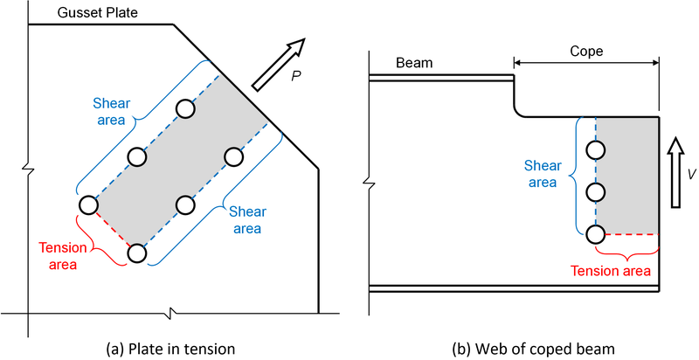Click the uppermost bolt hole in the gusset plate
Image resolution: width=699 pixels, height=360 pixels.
point(184,108)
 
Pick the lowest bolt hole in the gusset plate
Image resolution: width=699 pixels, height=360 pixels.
point(137,253)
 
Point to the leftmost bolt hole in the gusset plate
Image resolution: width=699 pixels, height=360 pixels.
point(88,204)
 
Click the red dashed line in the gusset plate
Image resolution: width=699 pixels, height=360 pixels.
point(113,229)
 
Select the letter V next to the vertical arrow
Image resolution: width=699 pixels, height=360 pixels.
point(691,174)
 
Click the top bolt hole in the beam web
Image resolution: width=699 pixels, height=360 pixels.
point(596,149)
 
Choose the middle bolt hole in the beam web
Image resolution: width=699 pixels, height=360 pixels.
point(596,191)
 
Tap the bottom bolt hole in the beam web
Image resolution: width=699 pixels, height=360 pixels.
point(596,233)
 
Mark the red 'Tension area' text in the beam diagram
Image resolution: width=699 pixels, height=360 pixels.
point(611,271)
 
